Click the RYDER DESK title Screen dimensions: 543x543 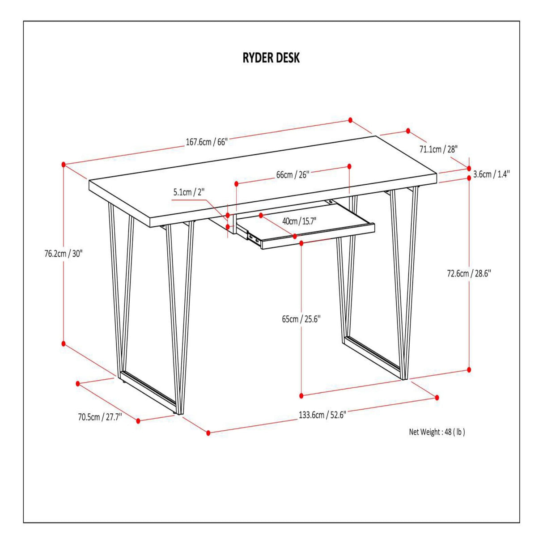tap(271, 58)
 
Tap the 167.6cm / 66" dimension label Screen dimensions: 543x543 tap(207, 142)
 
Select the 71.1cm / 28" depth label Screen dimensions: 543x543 tap(438, 149)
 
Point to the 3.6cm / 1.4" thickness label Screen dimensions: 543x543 tap(492, 174)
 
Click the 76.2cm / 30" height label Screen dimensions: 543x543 tap(64, 254)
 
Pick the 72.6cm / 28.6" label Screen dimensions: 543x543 tap(469, 273)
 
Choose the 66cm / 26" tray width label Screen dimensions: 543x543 tap(293, 175)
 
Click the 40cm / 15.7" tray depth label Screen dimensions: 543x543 tap(299, 221)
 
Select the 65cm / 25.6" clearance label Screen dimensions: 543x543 tap(301, 319)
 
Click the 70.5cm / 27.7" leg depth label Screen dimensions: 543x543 tap(100, 417)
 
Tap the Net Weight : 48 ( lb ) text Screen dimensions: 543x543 tap(437, 440)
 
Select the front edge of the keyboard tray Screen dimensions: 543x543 tap(318, 236)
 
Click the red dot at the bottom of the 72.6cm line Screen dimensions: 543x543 tap(469, 369)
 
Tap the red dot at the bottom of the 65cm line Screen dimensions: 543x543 tap(301, 396)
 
